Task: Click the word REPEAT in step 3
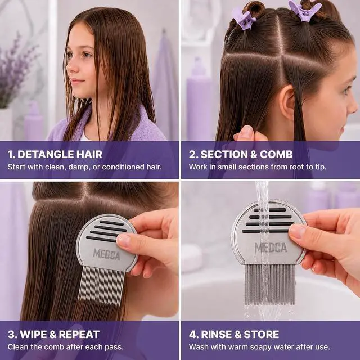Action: [x=79, y=334]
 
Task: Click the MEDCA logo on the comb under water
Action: [x=271, y=247]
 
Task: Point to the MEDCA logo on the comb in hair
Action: [x=106, y=254]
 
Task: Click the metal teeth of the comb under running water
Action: [x=270, y=284]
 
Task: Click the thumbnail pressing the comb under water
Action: [x=297, y=231]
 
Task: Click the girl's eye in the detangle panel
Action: [x=85, y=55]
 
